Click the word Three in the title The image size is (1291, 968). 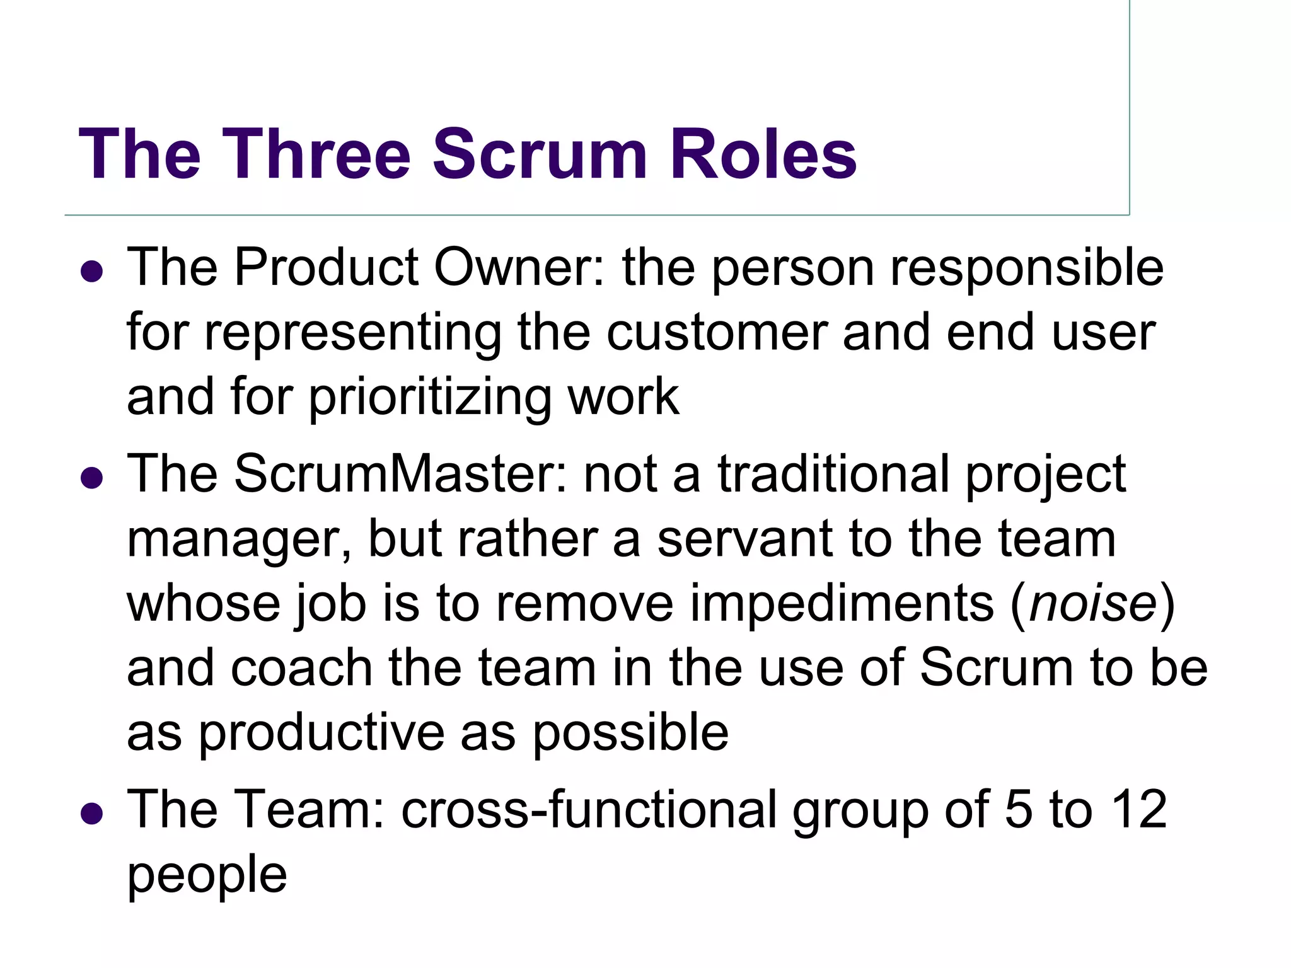point(315,154)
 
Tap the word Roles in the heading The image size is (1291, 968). point(763,154)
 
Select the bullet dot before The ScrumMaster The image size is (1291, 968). point(92,478)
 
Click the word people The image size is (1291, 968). point(207,876)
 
